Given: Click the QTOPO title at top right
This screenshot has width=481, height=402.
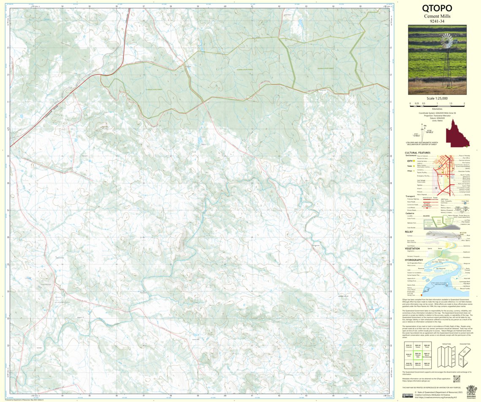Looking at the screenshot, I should tap(437, 8).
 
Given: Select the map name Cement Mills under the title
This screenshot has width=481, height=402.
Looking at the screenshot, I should tap(437, 16).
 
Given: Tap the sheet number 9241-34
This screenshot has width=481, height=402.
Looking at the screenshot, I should tap(437, 21).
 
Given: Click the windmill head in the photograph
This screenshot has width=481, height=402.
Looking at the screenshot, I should tap(446, 42).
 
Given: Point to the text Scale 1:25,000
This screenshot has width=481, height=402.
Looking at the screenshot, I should tap(437, 98).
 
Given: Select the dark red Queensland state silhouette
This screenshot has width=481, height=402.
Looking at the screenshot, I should tap(457, 133).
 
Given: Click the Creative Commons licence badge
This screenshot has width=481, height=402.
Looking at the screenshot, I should tap(408, 396).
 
